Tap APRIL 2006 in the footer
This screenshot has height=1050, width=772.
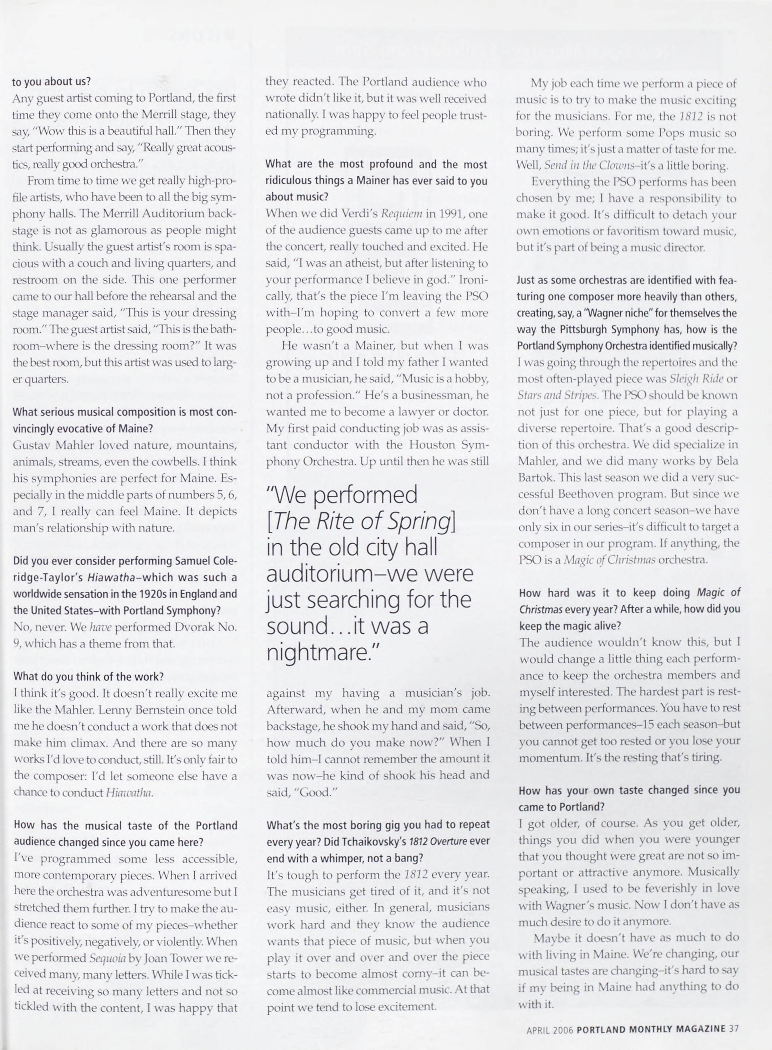(x=549, y=1029)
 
